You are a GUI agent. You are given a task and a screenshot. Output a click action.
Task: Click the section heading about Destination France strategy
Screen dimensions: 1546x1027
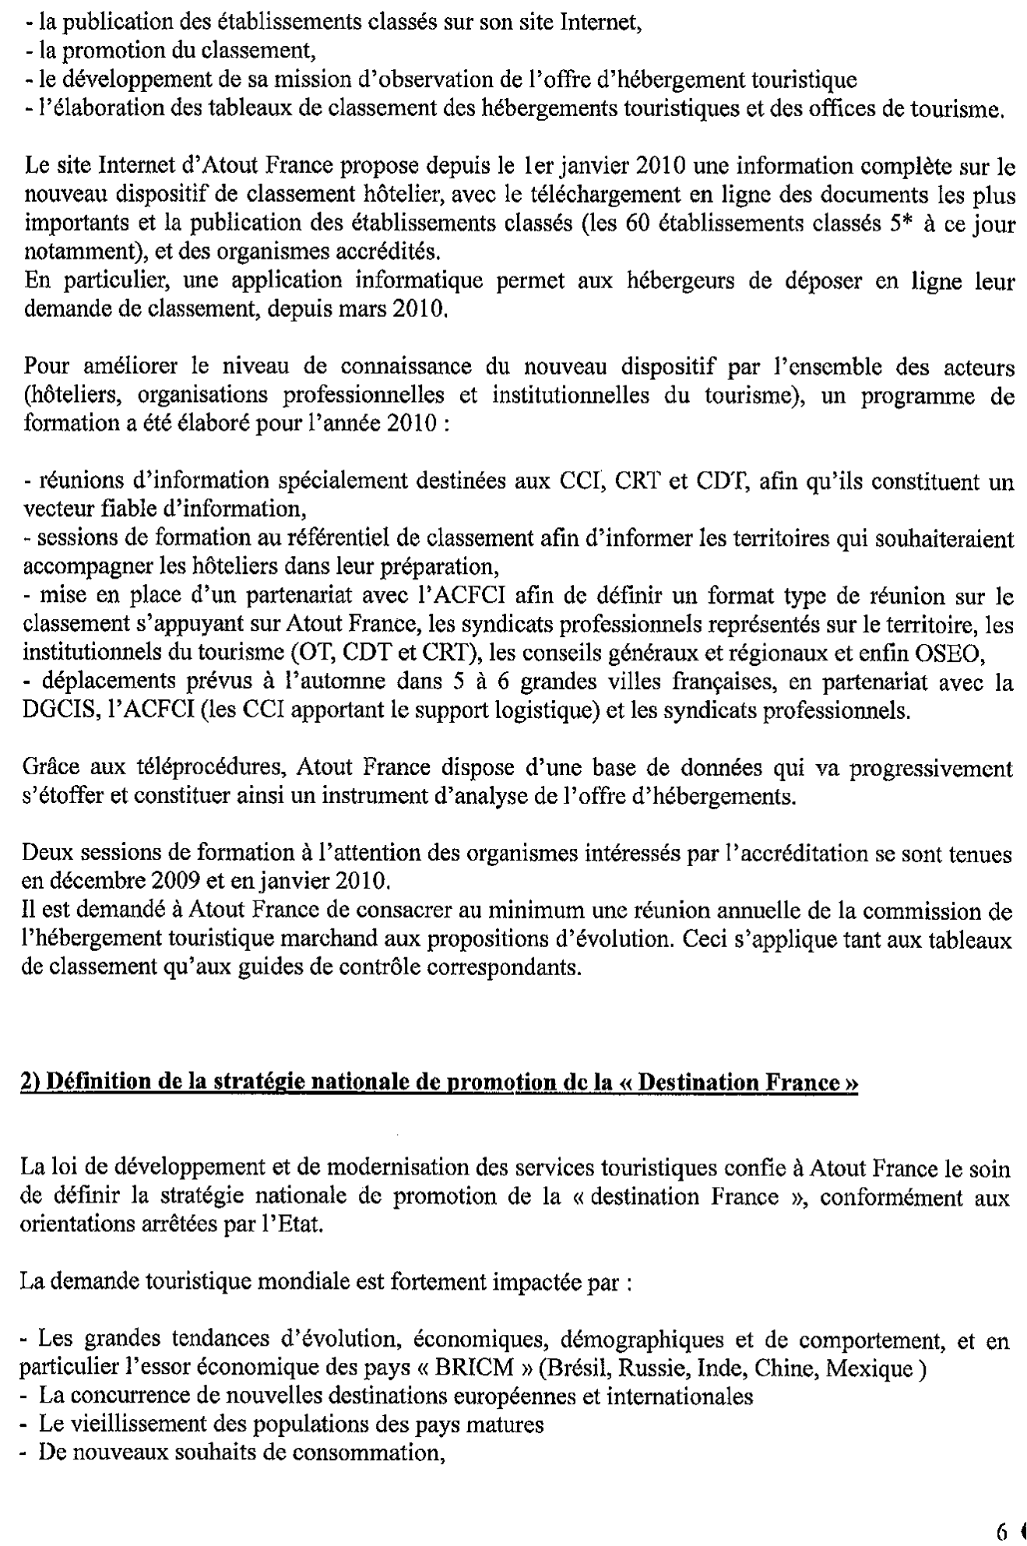pos(440,1084)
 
